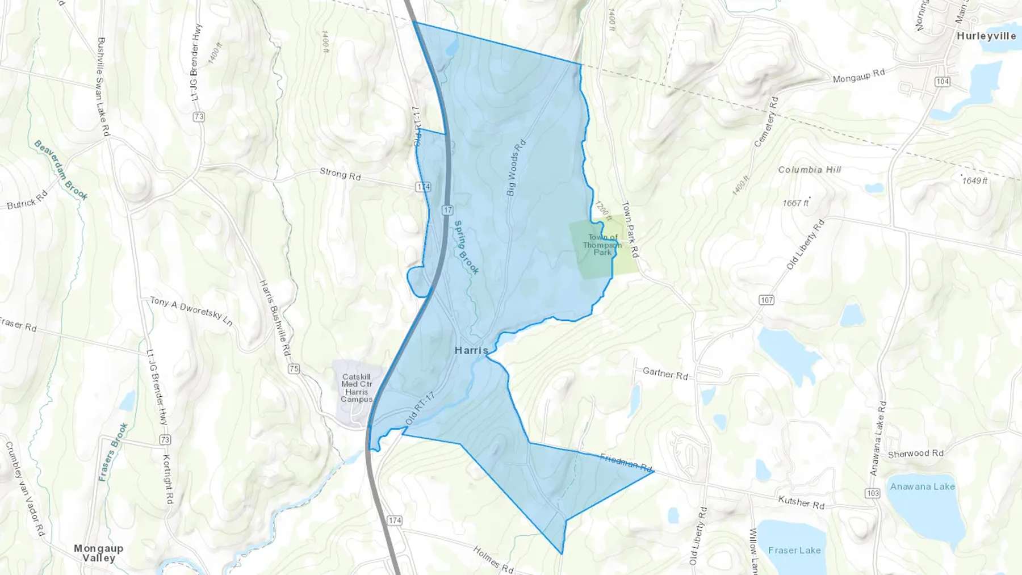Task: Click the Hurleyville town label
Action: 986,36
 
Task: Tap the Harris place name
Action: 471,350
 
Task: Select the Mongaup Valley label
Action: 98,553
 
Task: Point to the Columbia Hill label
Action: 809,170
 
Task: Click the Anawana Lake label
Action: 922,486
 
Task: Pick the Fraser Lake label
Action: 794,550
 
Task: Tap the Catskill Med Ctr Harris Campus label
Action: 357,388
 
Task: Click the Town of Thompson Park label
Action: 602,245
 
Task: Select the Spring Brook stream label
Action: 466,247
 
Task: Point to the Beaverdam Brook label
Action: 61,170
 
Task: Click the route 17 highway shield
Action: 448,210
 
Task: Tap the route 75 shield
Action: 294,369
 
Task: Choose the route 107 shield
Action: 767,300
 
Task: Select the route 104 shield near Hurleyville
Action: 943,82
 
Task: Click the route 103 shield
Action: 873,493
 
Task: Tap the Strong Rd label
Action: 340,174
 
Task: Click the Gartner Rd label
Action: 665,373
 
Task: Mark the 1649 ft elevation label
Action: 974,181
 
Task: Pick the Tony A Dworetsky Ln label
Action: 191,310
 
